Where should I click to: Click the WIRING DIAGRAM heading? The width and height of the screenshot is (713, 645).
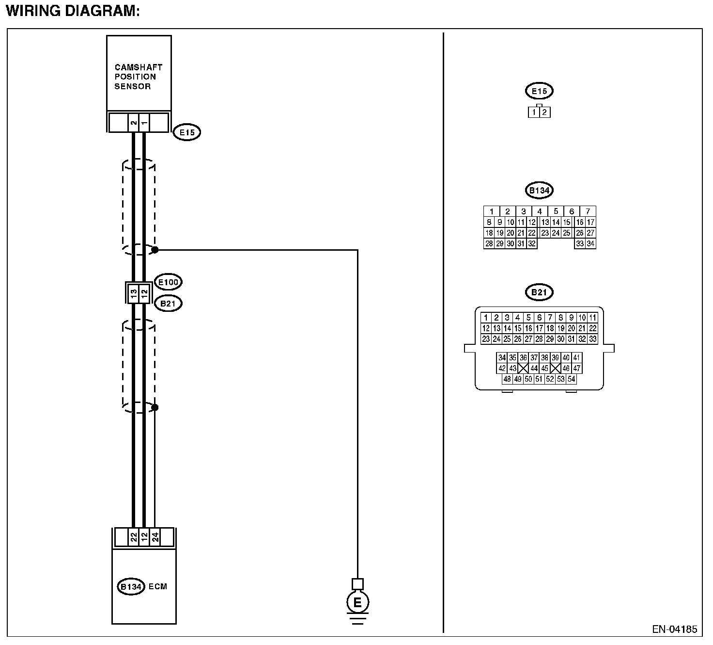[x=73, y=11]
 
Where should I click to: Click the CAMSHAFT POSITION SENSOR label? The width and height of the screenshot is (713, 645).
[x=138, y=77]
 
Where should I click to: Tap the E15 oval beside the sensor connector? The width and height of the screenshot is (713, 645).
[x=186, y=132]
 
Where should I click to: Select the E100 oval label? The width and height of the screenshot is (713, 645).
[x=168, y=282]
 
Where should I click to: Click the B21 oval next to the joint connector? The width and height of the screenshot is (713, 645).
[x=167, y=304]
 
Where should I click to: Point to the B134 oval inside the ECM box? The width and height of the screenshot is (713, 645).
[x=131, y=586]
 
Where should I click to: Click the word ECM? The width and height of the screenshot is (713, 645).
[x=158, y=586]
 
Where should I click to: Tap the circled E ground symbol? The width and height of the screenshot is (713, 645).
[x=357, y=602]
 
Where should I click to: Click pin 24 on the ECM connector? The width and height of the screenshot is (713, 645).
[x=155, y=537]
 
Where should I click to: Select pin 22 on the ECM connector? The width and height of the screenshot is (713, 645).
[x=134, y=537]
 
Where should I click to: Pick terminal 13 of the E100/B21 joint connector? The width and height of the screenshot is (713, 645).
[x=133, y=293]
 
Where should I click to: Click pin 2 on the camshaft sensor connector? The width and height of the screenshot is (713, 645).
[x=134, y=123]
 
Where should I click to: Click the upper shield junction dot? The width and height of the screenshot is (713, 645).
[x=155, y=250]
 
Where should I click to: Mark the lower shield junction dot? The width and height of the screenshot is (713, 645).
[x=155, y=407]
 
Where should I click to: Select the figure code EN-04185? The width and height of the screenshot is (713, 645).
[x=674, y=629]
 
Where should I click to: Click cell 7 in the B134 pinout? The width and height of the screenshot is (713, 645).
[x=588, y=211]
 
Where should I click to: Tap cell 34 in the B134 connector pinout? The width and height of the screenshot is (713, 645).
[x=590, y=244]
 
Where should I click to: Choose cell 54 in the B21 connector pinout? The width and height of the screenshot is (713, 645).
[x=571, y=379]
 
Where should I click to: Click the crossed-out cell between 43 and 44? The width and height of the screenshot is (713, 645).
[x=523, y=368]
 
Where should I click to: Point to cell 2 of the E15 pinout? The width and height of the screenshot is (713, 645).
[x=544, y=113]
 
